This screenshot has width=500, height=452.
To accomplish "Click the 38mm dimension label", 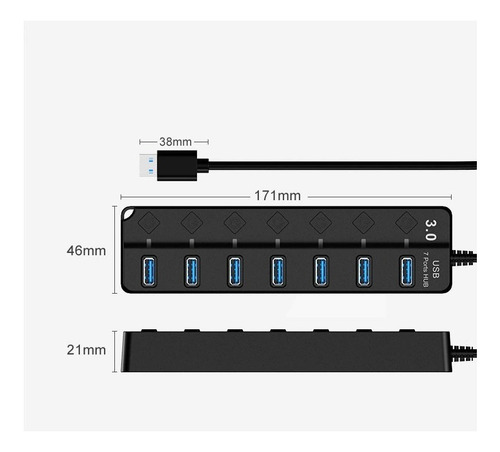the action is point(175,142).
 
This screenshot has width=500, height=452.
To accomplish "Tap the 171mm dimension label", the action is point(277,196).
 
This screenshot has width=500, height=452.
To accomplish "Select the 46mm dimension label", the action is point(86,251).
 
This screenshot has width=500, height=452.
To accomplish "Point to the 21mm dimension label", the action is point(86,350).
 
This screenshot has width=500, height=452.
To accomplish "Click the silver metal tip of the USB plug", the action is point(148,166).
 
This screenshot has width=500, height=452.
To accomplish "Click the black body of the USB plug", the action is point(177,166).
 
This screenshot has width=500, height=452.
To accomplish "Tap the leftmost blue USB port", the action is point(149,271).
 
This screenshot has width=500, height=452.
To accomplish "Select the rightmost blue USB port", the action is point(407,271).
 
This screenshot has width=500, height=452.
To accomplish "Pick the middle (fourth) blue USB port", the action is point(278,271).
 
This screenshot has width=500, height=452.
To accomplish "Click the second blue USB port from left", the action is point(192,271).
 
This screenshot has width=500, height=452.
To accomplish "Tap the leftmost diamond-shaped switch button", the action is point(149,222).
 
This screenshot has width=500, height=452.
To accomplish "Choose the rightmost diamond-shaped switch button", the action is point(406,222).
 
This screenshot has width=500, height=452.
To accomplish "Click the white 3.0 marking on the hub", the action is point(430,230).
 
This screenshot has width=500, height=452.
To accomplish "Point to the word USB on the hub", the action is point(436,269).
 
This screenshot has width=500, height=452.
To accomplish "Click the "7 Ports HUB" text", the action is point(425,269).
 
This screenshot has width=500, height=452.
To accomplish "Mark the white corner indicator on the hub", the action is point(127,213).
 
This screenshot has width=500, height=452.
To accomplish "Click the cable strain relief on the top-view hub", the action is point(464,258).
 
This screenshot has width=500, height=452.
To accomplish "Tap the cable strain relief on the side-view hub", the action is point(464,353).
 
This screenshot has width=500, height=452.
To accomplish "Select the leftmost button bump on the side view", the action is point(149,331).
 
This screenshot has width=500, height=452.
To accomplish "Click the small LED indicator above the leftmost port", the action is point(149,243).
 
